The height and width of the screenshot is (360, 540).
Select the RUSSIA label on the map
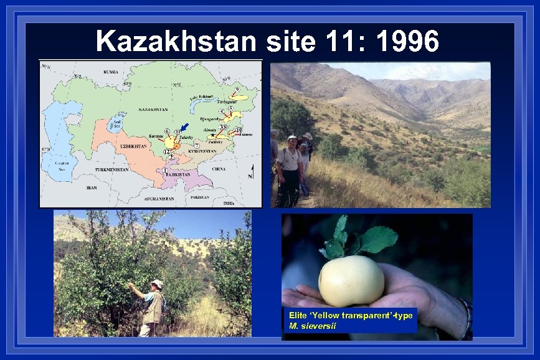pyautogui.click(x=110, y=72)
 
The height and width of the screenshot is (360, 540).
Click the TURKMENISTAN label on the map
pyautogui.click(x=111, y=169)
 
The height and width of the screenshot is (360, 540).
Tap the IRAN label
pyautogui.click(x=92, y=187)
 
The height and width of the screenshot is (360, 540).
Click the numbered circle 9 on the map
pyautogui.click(x=237, y=89)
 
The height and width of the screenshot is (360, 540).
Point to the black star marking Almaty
pyautogui.click(x=213, y=135)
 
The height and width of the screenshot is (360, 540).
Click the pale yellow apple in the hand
pyautogui.click(x=351, y=280)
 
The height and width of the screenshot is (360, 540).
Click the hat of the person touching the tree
pyautogui.click(x=157, y=284)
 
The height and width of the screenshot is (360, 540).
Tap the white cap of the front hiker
pyautogui.click(x=292, y=138)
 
